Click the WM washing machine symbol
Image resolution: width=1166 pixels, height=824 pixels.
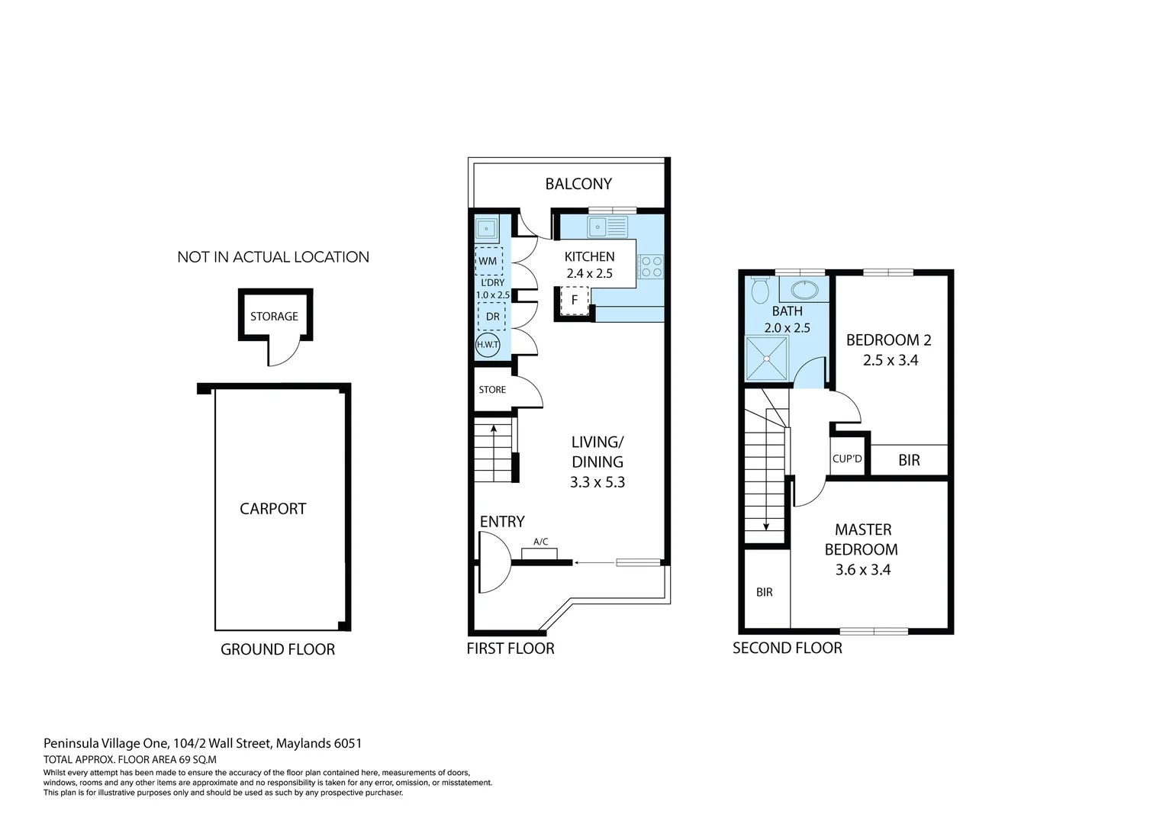pos(488,261)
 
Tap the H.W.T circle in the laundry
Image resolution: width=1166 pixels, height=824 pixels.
pos(488,345)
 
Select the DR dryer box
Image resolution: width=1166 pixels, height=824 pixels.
pos(492,317)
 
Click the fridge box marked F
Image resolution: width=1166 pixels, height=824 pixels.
pos(575,301)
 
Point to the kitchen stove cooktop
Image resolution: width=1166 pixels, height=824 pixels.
pos(651,266)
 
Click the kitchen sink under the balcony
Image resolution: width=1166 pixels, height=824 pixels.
pos(607,227)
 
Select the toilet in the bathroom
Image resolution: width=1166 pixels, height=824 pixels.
pos(760,290)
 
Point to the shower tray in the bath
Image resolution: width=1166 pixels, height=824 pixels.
pos(767,359)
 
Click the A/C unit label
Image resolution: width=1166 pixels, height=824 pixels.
pos(540,542)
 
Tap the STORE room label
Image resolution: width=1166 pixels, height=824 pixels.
pos(492,390)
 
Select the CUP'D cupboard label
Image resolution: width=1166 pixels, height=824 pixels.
pos(847,459)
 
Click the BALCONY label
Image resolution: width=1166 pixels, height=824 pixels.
pos(578,184)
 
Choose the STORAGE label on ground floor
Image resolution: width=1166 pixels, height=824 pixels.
pos(274,317)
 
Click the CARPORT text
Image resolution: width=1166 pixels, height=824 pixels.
pos(272,509)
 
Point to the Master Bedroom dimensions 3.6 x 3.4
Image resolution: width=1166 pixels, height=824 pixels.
pos(863,570)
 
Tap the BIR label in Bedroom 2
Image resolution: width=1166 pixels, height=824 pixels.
pos(909,460)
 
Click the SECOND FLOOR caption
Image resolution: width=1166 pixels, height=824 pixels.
pos(788,649)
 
